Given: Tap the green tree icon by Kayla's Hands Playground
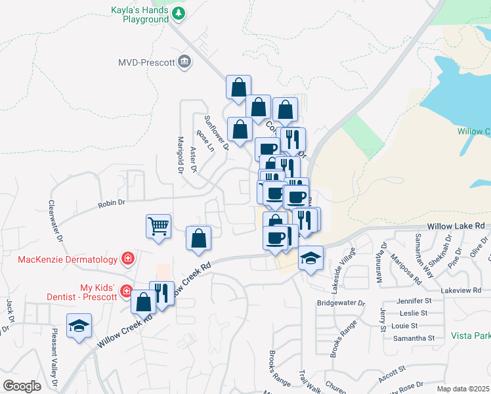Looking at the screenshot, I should [178, 13].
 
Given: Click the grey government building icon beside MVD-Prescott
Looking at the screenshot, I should [185, 62].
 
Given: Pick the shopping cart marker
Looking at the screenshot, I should [158, 227].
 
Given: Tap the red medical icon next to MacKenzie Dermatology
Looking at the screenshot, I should [128, 259].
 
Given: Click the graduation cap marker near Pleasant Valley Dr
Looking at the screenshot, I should [79, 326].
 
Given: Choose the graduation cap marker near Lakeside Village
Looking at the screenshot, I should [311, 258].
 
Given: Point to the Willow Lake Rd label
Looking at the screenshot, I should [455, 226].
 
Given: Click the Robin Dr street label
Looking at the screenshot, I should [112, 204].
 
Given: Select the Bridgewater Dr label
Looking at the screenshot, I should [341, 303].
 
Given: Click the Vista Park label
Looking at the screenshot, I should [471, 336].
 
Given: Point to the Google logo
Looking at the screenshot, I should [22, 386].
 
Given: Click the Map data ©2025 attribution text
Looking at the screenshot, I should [463, 389].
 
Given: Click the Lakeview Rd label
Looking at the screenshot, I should [461, 290].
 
